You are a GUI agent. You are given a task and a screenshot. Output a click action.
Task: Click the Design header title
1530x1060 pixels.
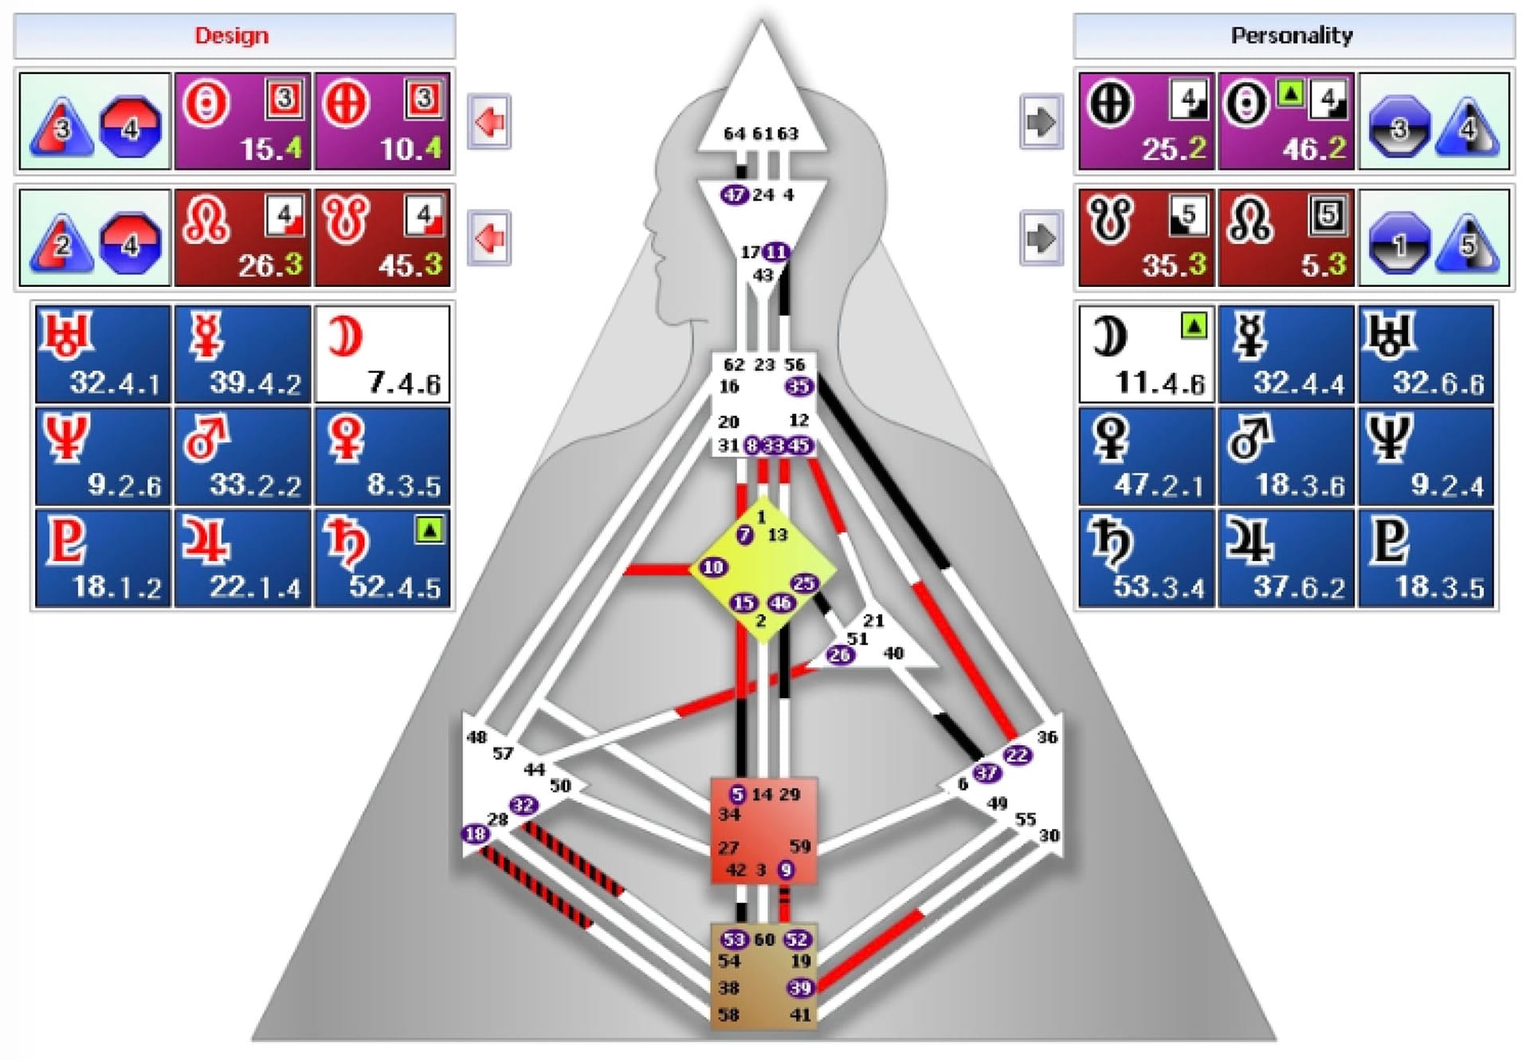coord(232,36)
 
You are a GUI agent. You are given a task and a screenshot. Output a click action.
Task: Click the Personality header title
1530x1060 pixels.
coord(1292,36)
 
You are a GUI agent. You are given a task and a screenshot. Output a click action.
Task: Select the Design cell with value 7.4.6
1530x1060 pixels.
coord(382,354)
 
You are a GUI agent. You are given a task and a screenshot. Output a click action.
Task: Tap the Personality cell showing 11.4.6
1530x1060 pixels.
coord(1146,354)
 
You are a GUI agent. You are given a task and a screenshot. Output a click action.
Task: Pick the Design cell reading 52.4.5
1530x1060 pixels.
coord(382,559)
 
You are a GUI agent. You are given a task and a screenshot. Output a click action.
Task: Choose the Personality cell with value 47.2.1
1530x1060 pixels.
coord(1146,457)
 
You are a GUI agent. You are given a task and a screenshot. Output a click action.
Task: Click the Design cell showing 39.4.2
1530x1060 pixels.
coord(242,354)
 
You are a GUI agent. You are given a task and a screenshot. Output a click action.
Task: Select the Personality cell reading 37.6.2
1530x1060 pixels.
coord(1286,559)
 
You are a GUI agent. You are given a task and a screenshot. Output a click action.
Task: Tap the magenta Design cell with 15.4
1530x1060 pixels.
coord(242,121)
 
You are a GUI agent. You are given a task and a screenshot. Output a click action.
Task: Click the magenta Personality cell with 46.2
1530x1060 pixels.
coord(1286,121)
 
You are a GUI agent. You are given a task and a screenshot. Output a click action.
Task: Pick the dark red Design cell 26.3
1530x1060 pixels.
coord(242,238)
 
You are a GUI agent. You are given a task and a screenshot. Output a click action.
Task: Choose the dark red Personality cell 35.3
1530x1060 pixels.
coord(1146,238)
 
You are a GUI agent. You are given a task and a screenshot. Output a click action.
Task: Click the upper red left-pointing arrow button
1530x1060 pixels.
coord(488,122)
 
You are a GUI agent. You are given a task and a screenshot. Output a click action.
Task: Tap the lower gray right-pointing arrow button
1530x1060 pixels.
coord(1042,238)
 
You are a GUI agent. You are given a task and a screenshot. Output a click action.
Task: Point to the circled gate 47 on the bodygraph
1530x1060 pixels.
coord(734,194)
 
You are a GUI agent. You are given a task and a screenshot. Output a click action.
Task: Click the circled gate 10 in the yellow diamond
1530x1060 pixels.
coord(712,567)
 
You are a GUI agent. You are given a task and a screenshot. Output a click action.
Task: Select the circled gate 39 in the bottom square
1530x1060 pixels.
coord(800,988)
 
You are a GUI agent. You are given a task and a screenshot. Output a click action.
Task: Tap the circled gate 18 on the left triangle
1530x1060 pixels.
coord(475,834)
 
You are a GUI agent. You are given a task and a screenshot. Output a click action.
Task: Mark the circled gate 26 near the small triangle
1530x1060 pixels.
coord(839,655)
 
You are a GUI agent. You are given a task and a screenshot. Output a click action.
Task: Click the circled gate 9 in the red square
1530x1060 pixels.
coord(787,870)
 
